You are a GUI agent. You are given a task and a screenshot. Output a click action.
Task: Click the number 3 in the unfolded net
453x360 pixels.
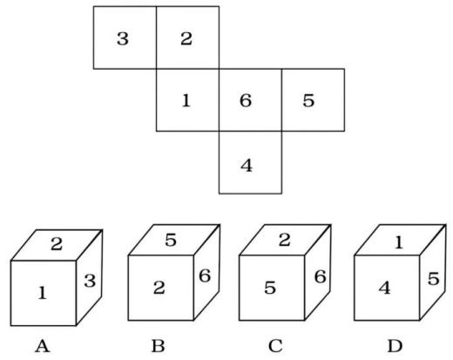(123, 38)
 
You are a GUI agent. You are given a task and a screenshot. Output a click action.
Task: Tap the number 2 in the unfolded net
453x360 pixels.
(186, 38)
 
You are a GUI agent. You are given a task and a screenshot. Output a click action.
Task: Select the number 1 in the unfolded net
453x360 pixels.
(186, 100)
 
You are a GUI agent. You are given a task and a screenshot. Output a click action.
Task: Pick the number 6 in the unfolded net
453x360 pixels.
(246, 100)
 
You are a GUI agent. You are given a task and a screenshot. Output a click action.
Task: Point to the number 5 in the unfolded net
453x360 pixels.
(308, 100)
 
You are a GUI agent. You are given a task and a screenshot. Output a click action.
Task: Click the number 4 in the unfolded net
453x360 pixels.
(247, 166)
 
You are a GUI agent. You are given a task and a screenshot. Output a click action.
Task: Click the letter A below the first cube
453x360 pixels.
(43, 346)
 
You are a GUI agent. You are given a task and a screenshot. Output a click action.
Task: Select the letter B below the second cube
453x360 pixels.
(159, 346)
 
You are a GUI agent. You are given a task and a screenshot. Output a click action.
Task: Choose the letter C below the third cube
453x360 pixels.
(275, 346)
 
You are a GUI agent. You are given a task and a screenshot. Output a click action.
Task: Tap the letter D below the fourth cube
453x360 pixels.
(395, 346)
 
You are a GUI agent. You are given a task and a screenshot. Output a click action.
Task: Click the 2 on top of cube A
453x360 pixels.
(57, 244)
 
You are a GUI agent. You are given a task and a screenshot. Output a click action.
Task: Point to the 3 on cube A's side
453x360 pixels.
(90, 281)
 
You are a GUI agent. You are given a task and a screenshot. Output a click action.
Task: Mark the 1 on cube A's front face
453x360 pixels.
(43, 293)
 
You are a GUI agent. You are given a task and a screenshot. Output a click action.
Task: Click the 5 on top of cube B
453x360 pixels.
(171, 240)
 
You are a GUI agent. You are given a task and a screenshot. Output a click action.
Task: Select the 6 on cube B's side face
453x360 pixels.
(205, 275)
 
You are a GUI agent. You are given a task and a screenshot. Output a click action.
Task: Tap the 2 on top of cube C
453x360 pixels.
(285, 240)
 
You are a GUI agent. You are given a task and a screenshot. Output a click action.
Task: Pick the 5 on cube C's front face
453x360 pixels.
(270, 288)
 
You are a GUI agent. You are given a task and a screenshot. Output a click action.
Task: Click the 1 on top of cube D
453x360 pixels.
(399, 242)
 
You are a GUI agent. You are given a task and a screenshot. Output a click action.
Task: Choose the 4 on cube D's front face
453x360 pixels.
(385, 289)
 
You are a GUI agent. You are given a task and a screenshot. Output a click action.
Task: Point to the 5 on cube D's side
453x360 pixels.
(433, 279)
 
